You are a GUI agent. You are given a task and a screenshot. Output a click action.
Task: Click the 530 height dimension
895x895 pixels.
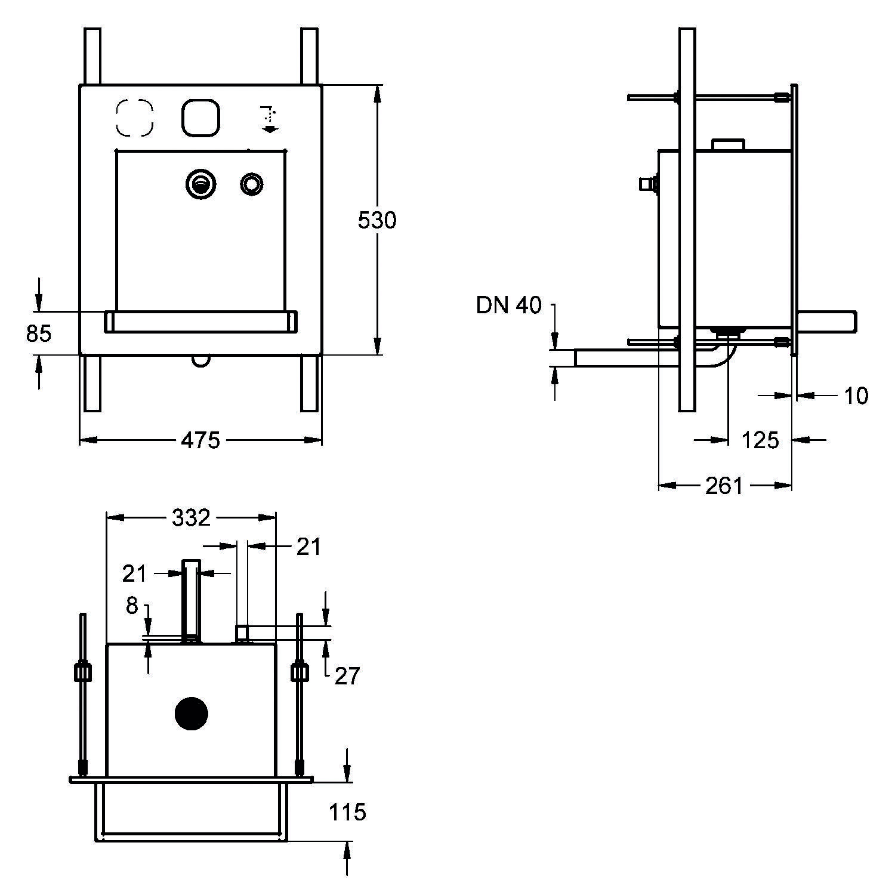[376, 221]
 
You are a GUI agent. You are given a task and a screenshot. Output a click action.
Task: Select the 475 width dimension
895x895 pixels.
[200, 440]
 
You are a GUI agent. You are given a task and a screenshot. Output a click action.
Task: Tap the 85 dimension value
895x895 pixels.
[39, 334]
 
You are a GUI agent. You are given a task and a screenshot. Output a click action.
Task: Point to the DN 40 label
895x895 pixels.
[508, 305]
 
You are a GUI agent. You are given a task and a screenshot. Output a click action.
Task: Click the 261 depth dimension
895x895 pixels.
[724, 486]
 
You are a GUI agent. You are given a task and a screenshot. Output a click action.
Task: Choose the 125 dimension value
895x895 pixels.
[760, 440]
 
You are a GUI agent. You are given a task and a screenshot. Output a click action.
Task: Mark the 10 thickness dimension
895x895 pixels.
[856, 396]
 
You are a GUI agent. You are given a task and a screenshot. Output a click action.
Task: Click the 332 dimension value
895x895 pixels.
[191, 517]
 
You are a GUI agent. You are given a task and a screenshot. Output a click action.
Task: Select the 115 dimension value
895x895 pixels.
[348, 812]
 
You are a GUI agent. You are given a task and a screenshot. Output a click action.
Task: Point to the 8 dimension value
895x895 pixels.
[132, 606]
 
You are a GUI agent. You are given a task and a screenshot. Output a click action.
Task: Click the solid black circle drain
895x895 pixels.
[191, 714]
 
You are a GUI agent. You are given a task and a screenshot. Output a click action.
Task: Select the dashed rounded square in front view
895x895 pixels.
[134, 117]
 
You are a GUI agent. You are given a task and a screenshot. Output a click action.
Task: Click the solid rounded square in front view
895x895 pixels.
[201, 117]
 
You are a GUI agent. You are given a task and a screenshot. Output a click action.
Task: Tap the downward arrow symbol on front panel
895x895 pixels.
[268, 119]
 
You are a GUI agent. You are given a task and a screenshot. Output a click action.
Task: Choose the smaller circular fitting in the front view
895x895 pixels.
[251, 183]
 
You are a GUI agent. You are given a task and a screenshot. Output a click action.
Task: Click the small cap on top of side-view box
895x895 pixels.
[729, 144]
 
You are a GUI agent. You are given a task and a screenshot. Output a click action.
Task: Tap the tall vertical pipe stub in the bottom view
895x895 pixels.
[191, 600]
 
